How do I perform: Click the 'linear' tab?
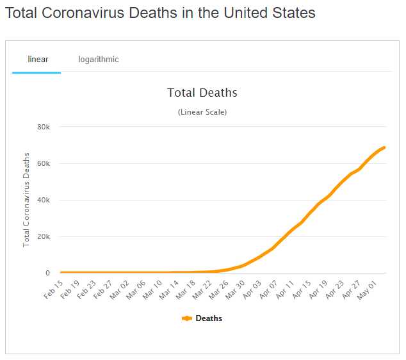click(38, 60)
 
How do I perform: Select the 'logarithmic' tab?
click(99, 60)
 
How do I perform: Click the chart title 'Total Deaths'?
click(202, 93)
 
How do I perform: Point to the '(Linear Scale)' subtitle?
click(202, 112)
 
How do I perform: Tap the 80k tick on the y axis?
click(44, 127)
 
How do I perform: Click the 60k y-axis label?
click(44, 163)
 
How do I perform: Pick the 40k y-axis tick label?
click(44, 200)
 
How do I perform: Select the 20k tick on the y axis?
click(44, 237)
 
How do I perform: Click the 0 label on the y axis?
click(47, 274)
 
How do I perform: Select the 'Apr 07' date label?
click(268, 290)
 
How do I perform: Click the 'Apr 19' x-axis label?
click(318, 290)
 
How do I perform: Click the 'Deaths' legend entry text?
click(209, 318)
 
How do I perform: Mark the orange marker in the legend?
click(187, 318)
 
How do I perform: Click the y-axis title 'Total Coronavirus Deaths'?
click(27, 200)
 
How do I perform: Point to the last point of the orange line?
click(384, 148)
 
